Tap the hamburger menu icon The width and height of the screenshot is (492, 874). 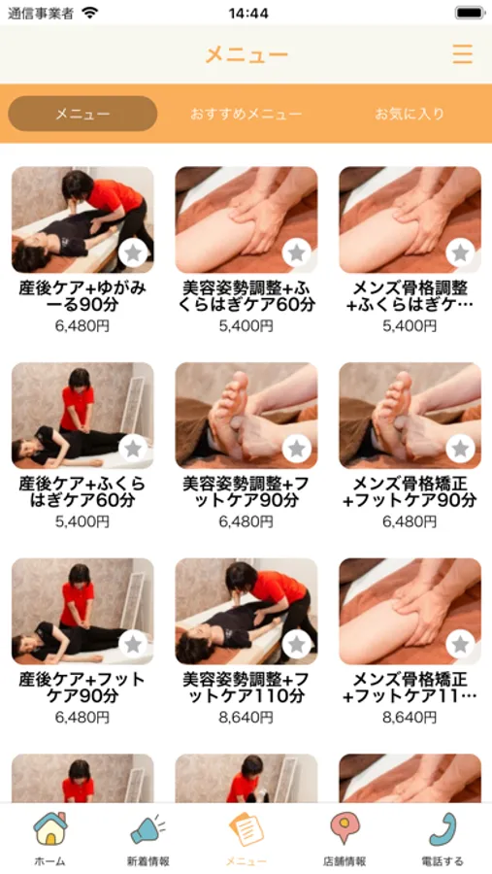click(x=463, y=54)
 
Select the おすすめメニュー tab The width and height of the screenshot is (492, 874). click(x=246, y=114)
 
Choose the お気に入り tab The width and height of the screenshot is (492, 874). click(x=410, y=114)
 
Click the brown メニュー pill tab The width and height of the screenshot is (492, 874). click(x=82, y=114)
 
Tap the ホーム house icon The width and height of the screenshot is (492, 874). click(x=49, y=829)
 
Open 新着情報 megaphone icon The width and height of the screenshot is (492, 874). click(x=148, y=829)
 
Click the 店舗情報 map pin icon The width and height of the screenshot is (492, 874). click(x=344, y=828)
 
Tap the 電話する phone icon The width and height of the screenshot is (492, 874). click(x=443, y=829)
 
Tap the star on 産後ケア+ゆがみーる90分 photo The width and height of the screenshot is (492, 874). click(x=133, y=252)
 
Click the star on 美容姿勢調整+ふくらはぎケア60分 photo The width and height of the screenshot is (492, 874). click(x=297, y=252)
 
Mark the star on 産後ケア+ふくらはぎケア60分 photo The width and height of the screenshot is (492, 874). click(x=133, y=448)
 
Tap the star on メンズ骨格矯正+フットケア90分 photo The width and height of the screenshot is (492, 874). click(x=461, y=448)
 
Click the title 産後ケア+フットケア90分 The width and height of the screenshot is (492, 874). click(x=82, y=688)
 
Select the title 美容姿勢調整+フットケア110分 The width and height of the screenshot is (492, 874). click(x=246, y=688)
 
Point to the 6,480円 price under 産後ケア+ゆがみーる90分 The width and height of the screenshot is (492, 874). click(x=82, y=326)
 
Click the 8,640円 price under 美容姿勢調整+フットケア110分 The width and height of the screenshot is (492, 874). click(x=246, y=718)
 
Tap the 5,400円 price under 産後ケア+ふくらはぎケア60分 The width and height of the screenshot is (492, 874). click(x=82, y=521)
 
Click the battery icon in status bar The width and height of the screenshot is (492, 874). click(x=471, y=13)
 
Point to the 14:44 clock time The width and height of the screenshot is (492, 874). click(x=248, y=13)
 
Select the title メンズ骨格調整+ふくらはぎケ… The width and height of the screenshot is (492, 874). click(x=410, y=296)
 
